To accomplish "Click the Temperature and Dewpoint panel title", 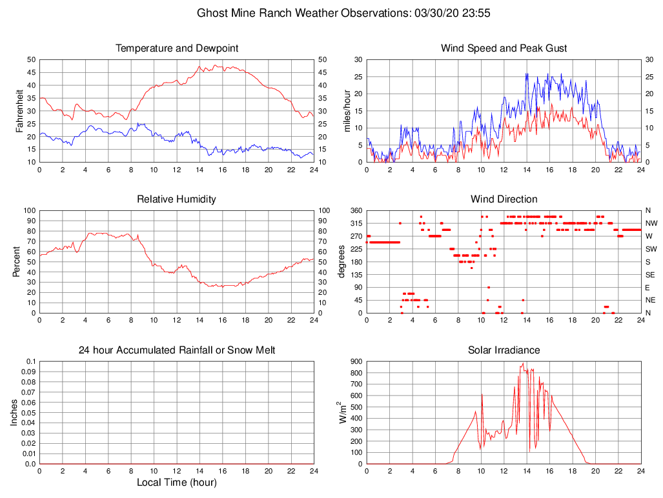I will tap(177, 48).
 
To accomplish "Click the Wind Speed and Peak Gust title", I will tap(504, 48).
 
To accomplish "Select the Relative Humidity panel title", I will tap(177, 199).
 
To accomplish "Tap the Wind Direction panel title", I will tap(504, 199).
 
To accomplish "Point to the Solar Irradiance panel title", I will tap(504, 350).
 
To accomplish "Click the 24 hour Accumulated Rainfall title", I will tap(177, 350).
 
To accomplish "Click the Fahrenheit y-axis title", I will tap(19, 110).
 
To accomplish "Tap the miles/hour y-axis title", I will tap(347, 110).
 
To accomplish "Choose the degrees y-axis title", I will tap(342, 261).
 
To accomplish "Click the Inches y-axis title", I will tap(15, 412).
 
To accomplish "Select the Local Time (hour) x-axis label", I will tap(177, 483).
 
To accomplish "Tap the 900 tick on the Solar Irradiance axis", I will tap(356, 361).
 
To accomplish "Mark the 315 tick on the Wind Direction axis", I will tap(356, 223).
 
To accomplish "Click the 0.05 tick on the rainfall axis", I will tap(28, 413).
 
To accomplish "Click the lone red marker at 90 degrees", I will tap(489, 287).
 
